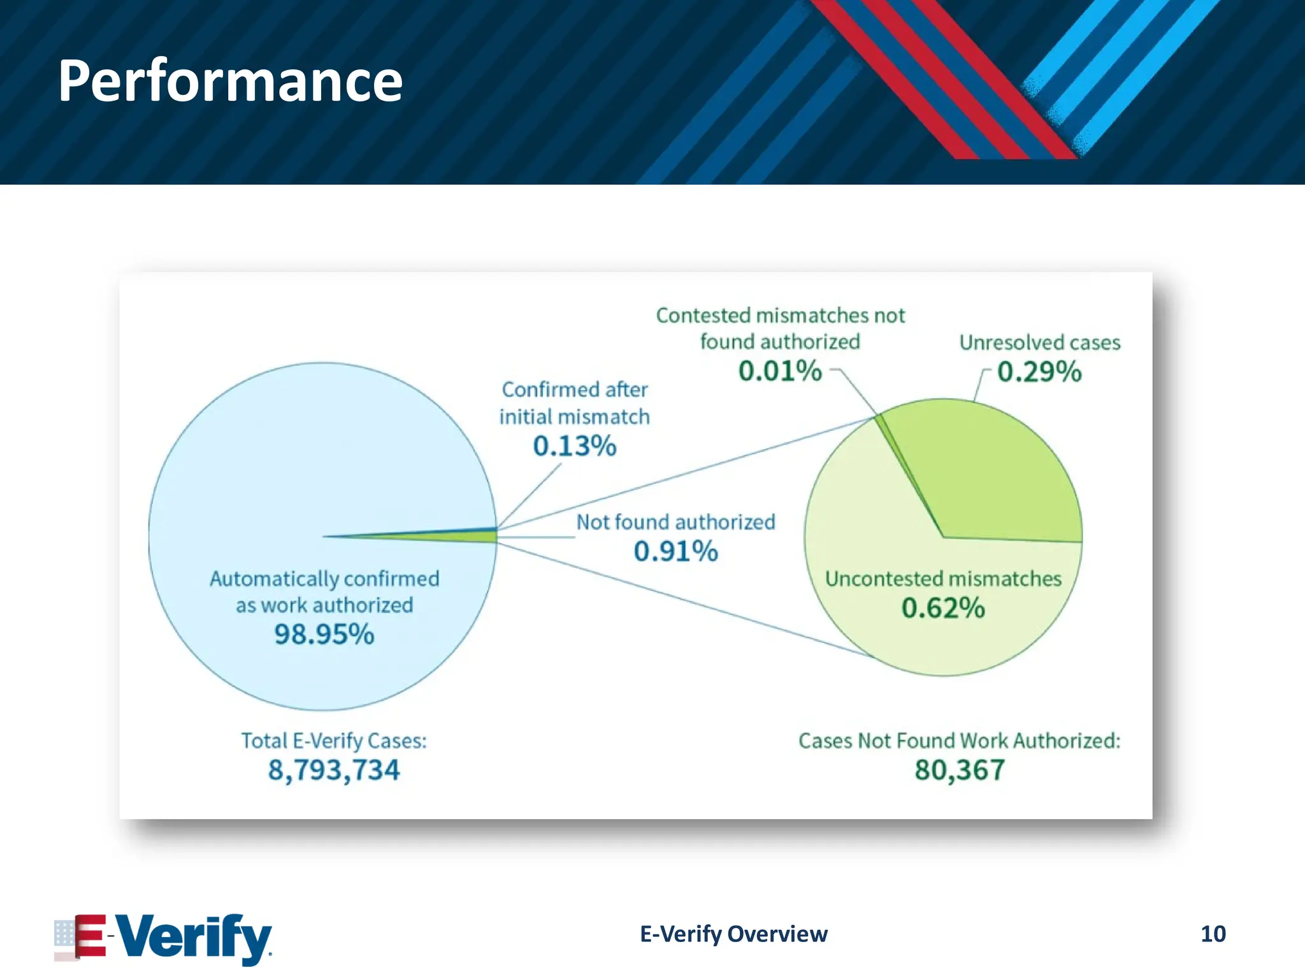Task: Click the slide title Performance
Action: tap(230, 81)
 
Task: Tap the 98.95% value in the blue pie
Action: tap(324, 634)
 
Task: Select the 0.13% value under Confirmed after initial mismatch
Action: tap(574, 446)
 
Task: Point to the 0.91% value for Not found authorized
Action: tap(675, 551)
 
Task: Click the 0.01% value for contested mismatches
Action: tap(780, 371)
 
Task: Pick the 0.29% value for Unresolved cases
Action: tap(1039, 372)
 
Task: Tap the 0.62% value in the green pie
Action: tap(943, 608)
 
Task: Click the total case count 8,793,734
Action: tap(333, 770)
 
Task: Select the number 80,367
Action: tap(960, 770)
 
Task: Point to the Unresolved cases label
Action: tap(1039, 343)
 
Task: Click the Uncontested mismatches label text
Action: tap(943, 579)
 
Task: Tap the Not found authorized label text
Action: tap(675, 523)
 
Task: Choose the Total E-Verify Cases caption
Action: tap(333, 741)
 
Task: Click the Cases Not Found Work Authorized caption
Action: tap(959, 741)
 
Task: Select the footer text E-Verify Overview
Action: tap(733, 934)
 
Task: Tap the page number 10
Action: tap(1213, 934)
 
